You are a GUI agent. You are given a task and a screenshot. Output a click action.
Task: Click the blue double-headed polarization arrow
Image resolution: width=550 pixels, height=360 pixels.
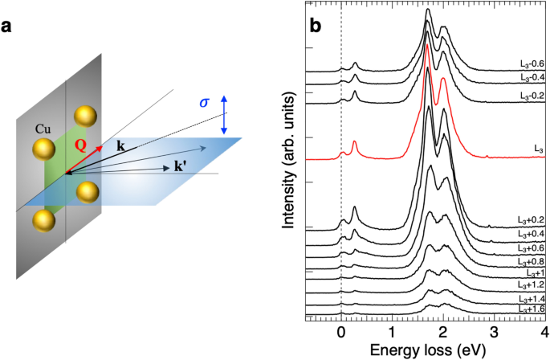pos(225,114)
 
